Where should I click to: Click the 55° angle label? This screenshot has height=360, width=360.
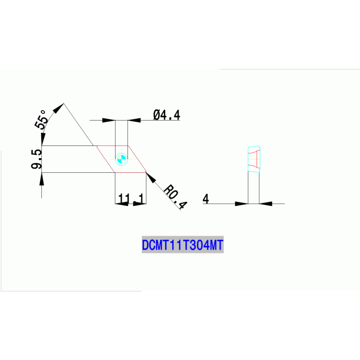(41, 120)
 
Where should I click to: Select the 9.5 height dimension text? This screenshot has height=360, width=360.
(37, 160)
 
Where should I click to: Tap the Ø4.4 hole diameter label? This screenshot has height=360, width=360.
(166, 115)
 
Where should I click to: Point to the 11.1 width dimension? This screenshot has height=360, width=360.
(130, 199)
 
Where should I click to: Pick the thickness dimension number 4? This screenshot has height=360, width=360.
(205, 199)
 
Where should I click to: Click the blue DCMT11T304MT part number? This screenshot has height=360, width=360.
(183, 245)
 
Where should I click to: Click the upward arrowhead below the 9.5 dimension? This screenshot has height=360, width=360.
(42, 178)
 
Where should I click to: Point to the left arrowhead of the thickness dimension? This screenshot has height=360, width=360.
(241, 204)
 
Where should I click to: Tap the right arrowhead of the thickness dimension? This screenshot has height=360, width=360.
(266, 204)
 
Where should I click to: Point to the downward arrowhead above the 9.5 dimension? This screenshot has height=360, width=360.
(42, 139)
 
